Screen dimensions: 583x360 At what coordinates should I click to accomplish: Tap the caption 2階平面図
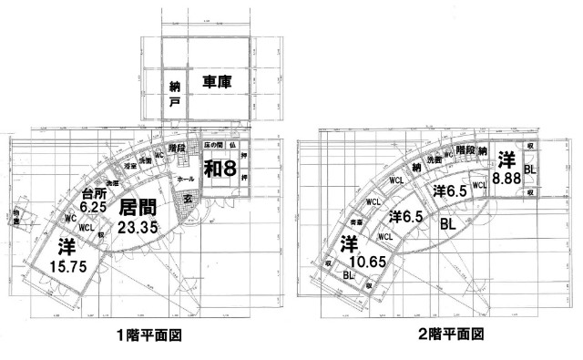pyautogui.click(x=445, y=334)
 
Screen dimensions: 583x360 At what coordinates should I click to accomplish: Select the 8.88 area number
pyautogui.click(x=506, y=180)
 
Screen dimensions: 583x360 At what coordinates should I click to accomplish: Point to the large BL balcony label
pyautogui.click(x=448, y=221)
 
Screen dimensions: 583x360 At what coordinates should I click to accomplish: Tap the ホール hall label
pyautogui.click(x=185, y=180)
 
